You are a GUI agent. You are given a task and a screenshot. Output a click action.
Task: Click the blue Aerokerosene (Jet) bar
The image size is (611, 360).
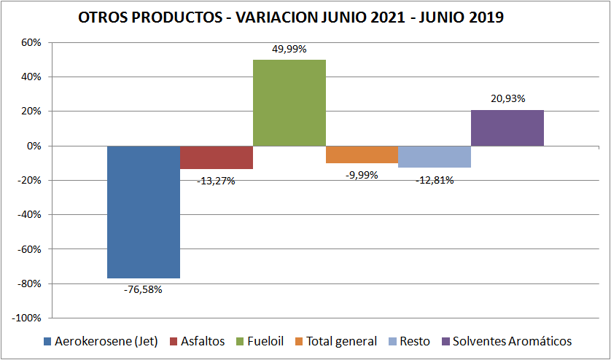[x=144, y=212]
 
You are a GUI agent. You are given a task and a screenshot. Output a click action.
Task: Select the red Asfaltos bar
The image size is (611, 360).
[x=217, y=157]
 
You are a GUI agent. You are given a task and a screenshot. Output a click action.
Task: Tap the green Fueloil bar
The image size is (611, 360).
[x=289, y=103]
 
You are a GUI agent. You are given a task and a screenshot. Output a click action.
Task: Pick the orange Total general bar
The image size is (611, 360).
[x=362, y=154]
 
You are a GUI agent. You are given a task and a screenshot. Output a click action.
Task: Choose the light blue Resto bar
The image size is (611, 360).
[x=435, y=157]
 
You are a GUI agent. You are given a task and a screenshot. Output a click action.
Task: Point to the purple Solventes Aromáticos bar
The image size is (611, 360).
[x=507, y=128]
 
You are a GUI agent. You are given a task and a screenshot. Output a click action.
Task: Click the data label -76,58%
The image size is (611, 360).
[x=143, y=289]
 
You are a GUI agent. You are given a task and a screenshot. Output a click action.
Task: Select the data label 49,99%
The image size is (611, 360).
[x=289, y=49]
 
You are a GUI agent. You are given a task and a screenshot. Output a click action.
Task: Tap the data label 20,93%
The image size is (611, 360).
[x=507, y=98]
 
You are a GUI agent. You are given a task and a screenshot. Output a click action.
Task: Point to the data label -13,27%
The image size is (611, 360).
[x=216, y=180]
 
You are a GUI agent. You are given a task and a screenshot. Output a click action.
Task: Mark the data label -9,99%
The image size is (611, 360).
[x=362, y=174]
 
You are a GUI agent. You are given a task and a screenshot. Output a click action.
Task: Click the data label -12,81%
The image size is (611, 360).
[x=435, y=179]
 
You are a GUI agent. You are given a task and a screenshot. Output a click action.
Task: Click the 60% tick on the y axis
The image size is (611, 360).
[x=31, y=42]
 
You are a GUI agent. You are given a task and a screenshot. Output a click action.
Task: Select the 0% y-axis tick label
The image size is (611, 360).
[x=34, y=146]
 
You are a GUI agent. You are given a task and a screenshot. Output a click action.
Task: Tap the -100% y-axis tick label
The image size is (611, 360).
[x=26, y=318]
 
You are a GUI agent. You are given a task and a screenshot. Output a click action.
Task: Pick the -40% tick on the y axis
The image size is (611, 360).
[x=29, y=215]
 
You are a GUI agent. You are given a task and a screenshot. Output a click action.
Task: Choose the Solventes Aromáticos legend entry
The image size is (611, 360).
[x=511, y=341]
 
